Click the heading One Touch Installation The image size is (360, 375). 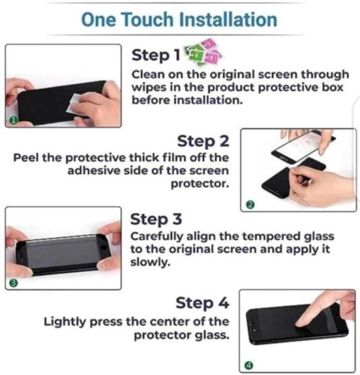pyautogui.click(x=179, y=19)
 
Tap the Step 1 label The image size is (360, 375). pyautogui.click(x=156, y=55)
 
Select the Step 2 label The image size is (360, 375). pyautogui.click(x=203, y=141)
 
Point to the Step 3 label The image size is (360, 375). pyautogui.click(x=156, y=219)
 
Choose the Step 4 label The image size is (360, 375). pyautogui.click(x=202, y=303)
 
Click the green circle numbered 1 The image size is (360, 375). pyautogui.click(x=13, y=121)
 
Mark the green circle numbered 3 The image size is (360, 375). pyautogui.click(x=13, y=283)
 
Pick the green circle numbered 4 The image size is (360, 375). pyautogui.click(x=249, y=365)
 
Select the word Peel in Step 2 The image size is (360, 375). pyautogui.click(x=26, y=157)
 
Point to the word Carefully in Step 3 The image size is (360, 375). pyautogui.click(x=157, y=237)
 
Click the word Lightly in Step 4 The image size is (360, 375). pyautogui.click(x=64, y=322)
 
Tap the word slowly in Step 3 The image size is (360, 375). pyautogui.click(x=150, y=262)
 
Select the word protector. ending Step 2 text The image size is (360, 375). pyautogui.click(x=200, y=184)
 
